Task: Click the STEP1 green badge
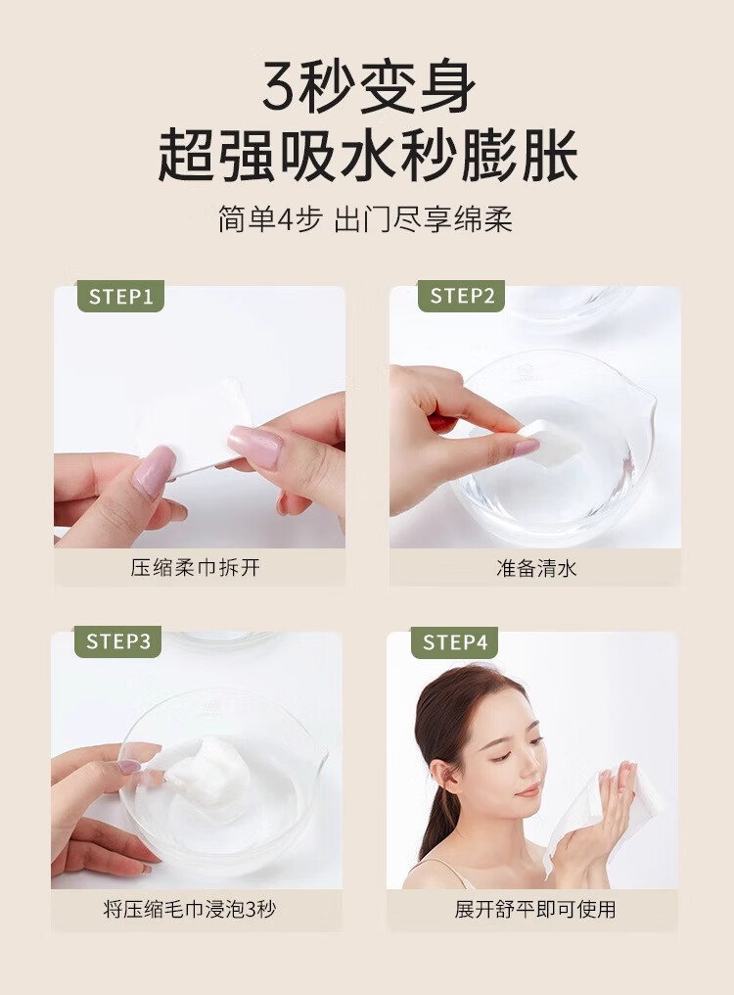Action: click(x=120, y=297)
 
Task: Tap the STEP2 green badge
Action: click(x=461, y=296)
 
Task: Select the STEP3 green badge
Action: click(x=118, y=641)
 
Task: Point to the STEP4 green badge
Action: click(x=454, y=642)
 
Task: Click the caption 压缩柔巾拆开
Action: click(x=196, y=567)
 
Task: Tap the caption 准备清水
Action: click(x=536, y=568)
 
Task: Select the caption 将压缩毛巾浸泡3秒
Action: click(x=190, y=910)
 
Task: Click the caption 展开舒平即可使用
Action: click(x=534, y=910)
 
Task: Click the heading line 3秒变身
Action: click(x=369, y=87)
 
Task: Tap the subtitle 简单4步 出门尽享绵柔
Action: click(x=365, y=219)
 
